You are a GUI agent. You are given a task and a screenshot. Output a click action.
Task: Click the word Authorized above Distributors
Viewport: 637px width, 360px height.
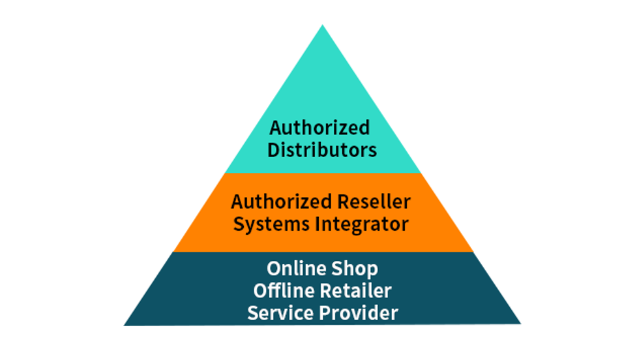pyautogui.click(x=319, y=128)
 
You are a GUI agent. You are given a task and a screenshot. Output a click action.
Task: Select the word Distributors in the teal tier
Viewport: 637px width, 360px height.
pyautogui.click(x=322, y=150)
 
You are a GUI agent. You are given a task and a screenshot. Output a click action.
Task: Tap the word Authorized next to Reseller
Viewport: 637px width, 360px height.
pyautogui.click(x=281, y=202)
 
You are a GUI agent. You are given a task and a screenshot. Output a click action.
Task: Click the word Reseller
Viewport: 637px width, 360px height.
pyautogui.click(x=374, y=202)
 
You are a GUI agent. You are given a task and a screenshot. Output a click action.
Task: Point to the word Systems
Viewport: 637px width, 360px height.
pyautogui.click(x=272, y=225)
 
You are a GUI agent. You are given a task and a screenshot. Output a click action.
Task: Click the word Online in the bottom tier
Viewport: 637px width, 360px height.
pyautogui.click(x=296, y=269)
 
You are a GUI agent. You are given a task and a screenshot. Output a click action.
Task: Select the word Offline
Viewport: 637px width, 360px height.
pyautogui.click(x=284, y=291)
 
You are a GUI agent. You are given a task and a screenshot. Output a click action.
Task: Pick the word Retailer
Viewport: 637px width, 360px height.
pyautogui.click(x=356, y=291)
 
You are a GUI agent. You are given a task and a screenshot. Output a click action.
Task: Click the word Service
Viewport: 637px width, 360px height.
pyautogui.click(x=280, y=313)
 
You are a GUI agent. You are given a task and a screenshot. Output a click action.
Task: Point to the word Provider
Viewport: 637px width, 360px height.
pyautogui.click(x=359, y=313)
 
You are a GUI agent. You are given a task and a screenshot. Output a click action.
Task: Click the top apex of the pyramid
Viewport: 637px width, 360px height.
pyautogui.click(x=323, y=25)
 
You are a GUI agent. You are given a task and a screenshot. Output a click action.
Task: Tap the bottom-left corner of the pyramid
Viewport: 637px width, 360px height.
pyautogui.click(x=124, y=325)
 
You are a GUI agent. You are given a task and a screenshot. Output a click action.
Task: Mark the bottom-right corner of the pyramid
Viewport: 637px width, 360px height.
pyautogui.click(x=521, y=324)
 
